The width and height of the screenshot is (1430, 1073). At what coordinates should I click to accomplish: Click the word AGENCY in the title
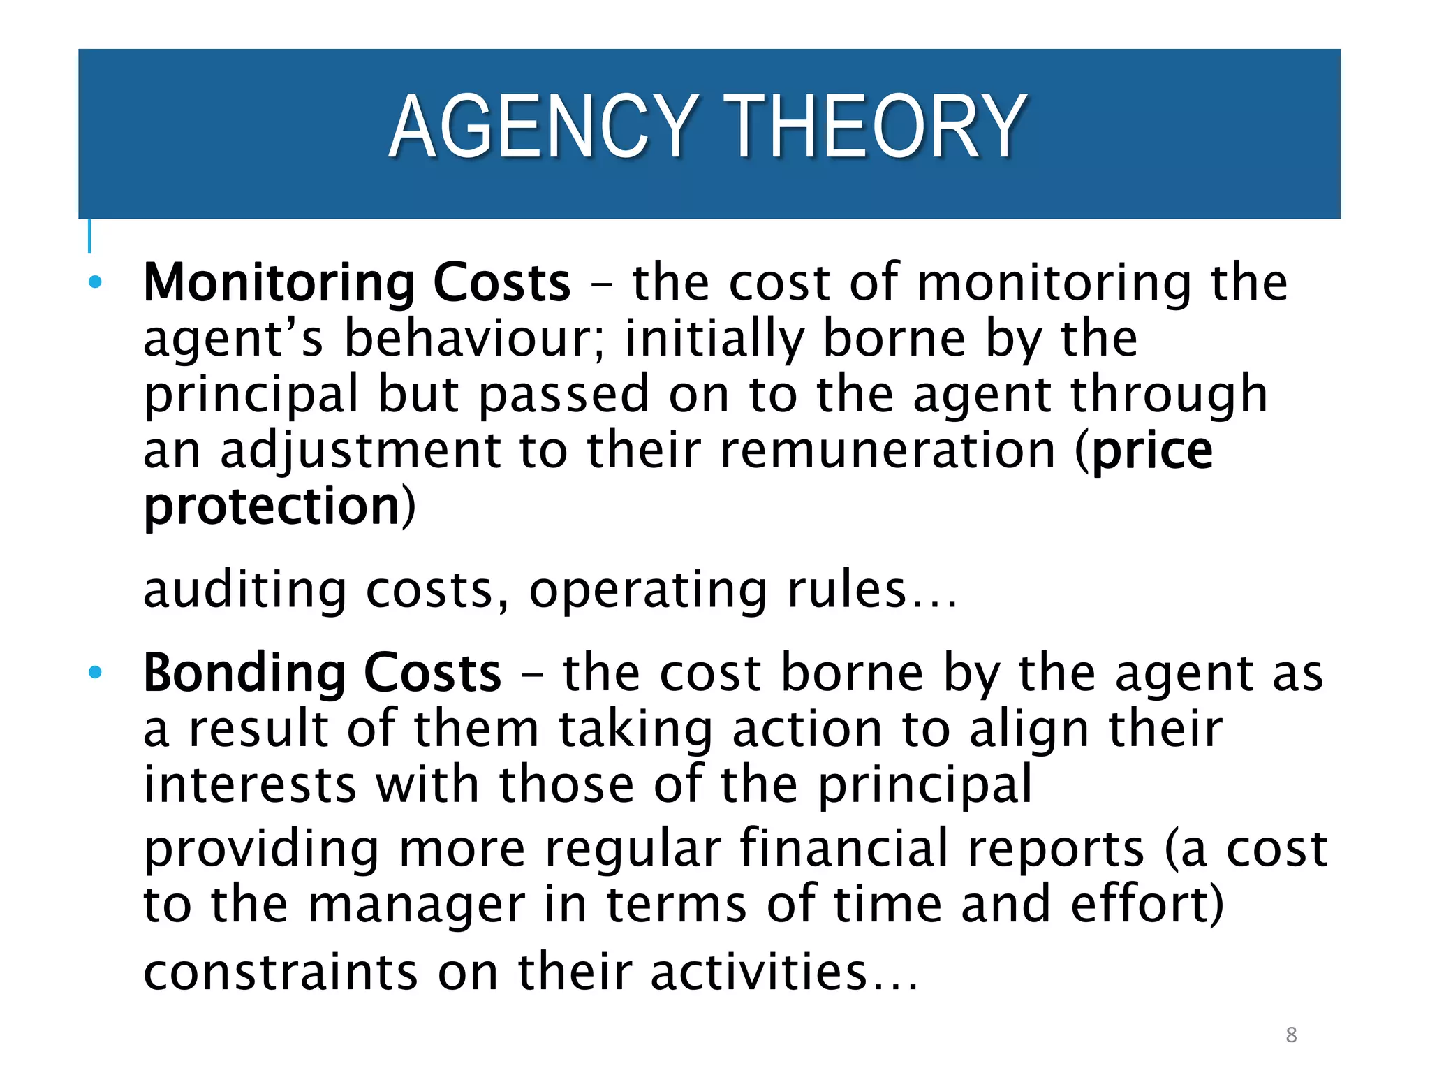(543, 128)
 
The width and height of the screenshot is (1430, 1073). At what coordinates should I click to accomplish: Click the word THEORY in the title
(874, 128)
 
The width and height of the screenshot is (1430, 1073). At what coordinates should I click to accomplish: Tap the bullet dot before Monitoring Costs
(96, 283)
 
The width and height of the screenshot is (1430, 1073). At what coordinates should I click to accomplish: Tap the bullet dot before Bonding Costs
(96, 673)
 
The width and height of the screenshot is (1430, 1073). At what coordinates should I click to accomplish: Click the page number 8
(1291, 1035)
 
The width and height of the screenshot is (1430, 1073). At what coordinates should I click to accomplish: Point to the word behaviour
(475, 338)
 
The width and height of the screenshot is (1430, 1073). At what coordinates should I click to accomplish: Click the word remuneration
(887, 451)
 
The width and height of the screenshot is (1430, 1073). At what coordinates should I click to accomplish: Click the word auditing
(244, 590)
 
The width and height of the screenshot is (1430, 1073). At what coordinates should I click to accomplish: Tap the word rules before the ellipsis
(846, 590)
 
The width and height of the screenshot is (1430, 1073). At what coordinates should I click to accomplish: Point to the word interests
(250, 784)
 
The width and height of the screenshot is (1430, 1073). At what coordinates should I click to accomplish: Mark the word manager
(416, 905)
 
